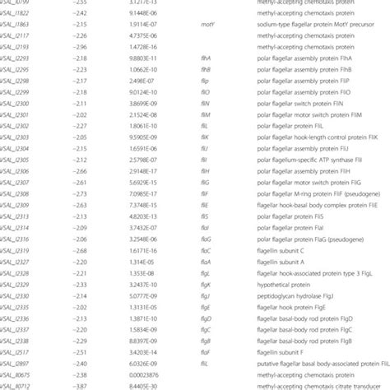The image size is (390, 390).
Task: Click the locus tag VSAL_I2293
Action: tap(17, 81)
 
